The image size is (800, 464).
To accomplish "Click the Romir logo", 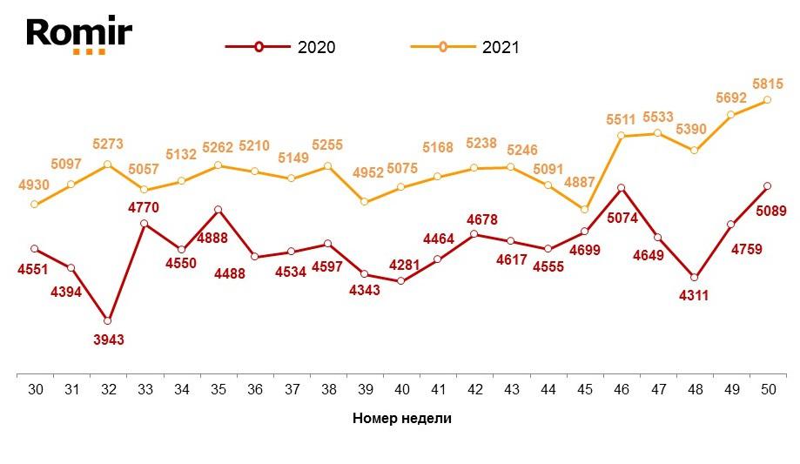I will [x=78, y=35].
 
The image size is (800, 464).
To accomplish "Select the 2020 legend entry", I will [x=279, y=47].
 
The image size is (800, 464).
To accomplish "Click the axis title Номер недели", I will [x=402, y=418].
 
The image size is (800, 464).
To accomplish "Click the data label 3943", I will [x=108, y=340].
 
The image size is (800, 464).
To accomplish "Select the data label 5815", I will [x=769, y=84].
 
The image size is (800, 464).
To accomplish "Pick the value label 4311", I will [x=693, y=295].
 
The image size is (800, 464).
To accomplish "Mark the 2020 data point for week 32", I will [x=108, y=320].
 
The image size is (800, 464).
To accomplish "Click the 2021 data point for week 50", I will [x=767, y=100].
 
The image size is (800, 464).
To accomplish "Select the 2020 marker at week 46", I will [x=621, y=188].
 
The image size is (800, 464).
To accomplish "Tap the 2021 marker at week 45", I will [x=584, y=210].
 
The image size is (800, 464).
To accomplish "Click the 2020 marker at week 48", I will [x=694, y=277].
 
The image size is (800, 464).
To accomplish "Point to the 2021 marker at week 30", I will [x=35, y=205].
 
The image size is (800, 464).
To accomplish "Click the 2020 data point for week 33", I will [x=145, y=224].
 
